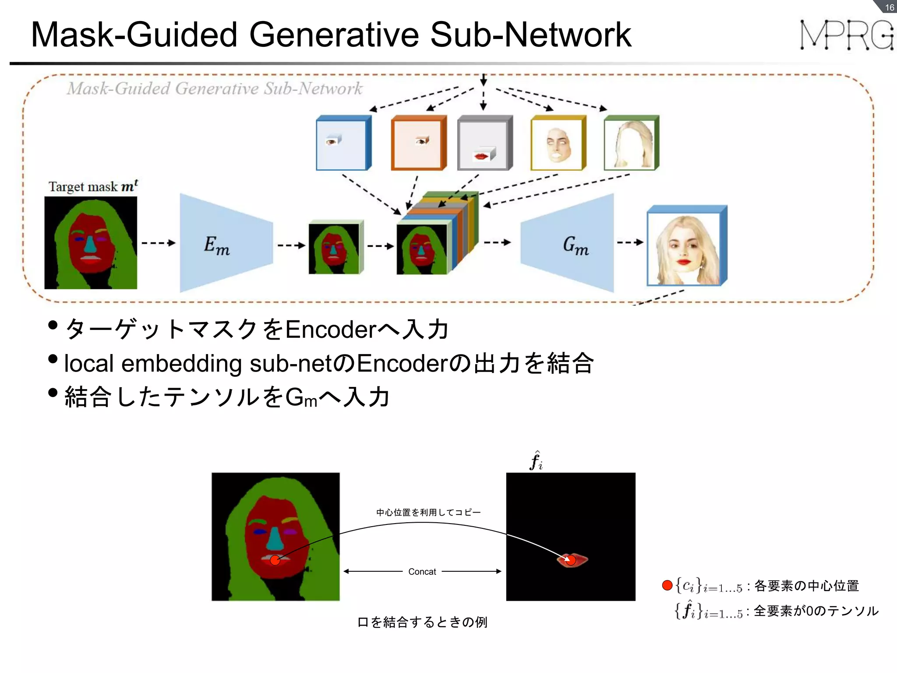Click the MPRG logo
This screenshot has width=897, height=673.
(846, 35)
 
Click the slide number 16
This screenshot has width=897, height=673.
(889, 7)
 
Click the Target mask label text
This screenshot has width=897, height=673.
(93, 187)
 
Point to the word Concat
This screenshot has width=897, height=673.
(422, 571)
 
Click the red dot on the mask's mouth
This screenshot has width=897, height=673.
(275, 560)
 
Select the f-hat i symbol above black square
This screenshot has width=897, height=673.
(536, 461)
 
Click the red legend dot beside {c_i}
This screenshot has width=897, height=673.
(667, 585)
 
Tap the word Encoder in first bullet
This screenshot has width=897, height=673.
(331, 329)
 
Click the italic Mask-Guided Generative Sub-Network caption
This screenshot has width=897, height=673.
(215, 89)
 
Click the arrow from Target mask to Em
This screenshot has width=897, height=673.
(158, 243)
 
